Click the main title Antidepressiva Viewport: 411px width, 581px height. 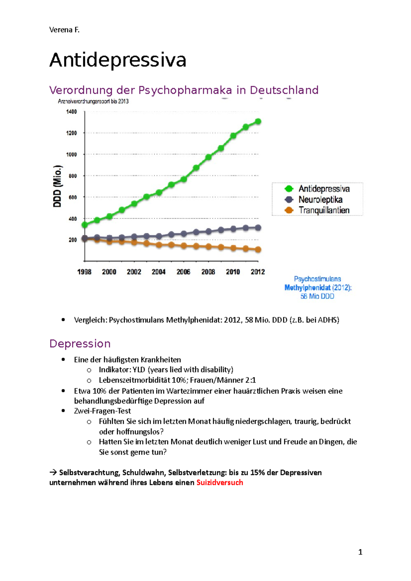[x=117, y=60]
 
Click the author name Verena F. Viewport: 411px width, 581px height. [x=64, y=30]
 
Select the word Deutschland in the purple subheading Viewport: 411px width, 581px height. [x=284, y=90]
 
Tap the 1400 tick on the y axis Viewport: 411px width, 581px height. [x=72, y=112]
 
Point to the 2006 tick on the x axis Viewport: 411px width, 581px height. [x=183, y=272]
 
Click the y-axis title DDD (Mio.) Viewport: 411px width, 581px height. [x=58, y=186]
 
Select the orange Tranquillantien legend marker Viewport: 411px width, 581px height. [x=289, y=210]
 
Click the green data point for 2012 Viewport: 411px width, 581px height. [x=258, y=121]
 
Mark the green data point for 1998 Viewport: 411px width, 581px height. [x=85, y=225]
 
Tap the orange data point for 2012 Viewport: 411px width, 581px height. [x=258, y=250]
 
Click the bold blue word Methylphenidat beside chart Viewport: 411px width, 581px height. [x=307, y=288]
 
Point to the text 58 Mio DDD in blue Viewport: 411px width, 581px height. [x=317, y=296]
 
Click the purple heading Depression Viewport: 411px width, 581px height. [x=80, y=344]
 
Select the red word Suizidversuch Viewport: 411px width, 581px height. [x=220, y=482]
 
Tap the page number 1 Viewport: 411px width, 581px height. [x=360, y=552]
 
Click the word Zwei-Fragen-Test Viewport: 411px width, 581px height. [x=102, y=411]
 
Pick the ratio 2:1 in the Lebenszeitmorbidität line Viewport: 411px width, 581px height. [x=250, y=380]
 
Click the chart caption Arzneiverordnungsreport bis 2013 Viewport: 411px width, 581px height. [x=93, y=101]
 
